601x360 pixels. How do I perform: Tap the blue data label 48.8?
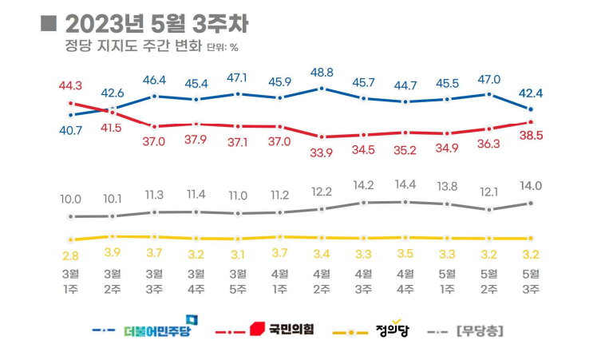point(322,71)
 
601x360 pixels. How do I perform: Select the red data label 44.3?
point(71,85)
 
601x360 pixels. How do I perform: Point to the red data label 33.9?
point(322,153)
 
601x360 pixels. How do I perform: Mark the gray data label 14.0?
point(532,186)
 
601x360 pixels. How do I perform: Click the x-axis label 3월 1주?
point(71,281)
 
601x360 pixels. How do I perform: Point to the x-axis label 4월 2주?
point(322,281)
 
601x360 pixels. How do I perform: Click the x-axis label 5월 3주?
point(532,281)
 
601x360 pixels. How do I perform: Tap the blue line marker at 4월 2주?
point(322,88)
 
